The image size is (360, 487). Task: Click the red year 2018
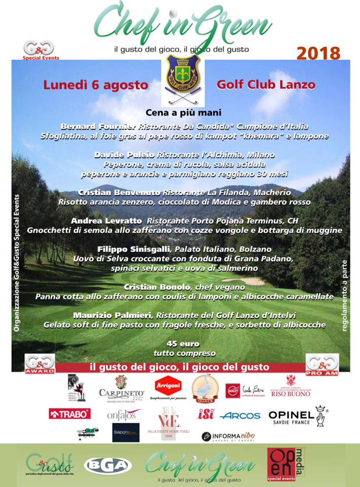318,53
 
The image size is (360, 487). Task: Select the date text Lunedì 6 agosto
95,85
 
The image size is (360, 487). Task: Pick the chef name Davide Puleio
125,154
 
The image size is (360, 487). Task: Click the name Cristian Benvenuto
120,192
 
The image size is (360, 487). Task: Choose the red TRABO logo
69,414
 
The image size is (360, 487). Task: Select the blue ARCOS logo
240,415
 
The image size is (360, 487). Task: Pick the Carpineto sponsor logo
121,390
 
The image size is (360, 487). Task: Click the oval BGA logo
107,465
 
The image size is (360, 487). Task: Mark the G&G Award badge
39,364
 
